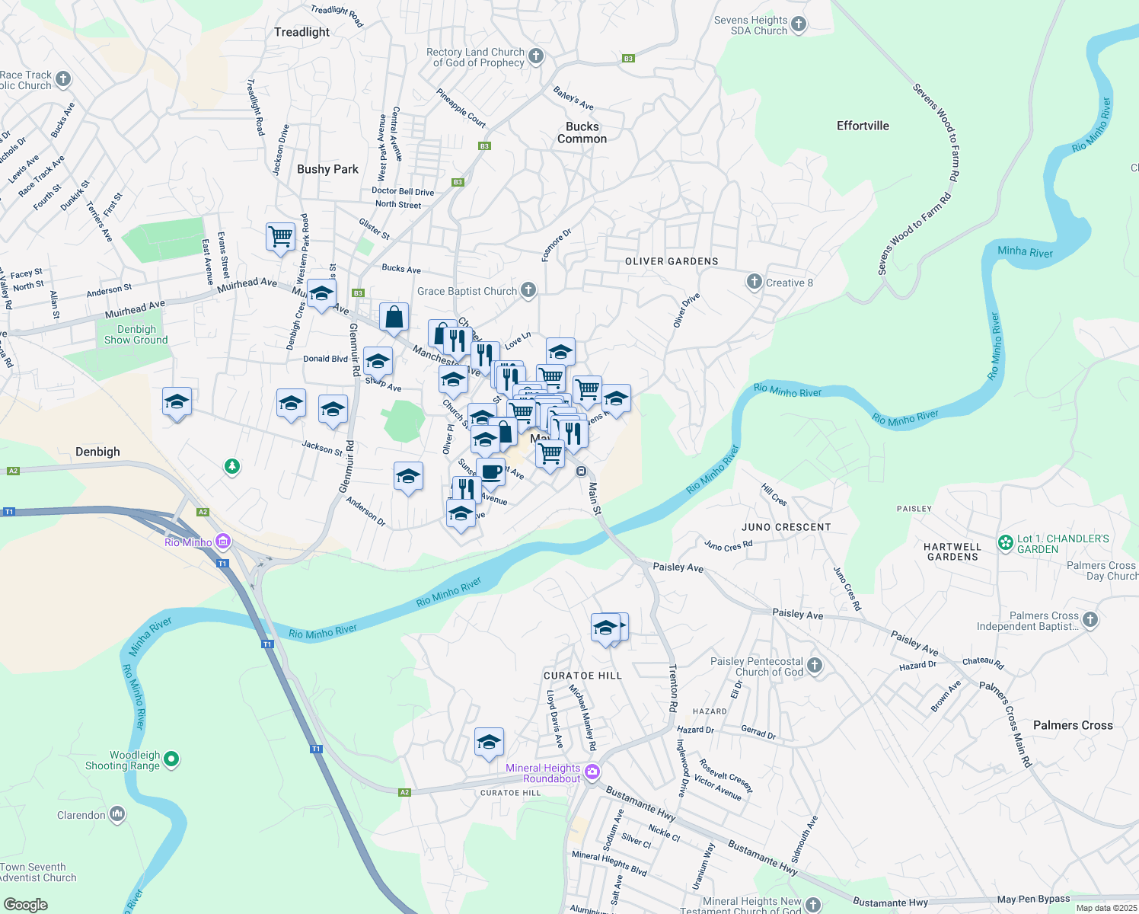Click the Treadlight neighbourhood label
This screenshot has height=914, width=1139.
[301, 32]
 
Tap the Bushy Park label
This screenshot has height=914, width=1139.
[327, 169]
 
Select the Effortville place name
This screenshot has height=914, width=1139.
[863, 126]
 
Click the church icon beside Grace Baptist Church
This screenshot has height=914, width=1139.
[528, 290]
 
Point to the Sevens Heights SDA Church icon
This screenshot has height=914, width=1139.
[799, 24]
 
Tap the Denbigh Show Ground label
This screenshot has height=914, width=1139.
[136, 334]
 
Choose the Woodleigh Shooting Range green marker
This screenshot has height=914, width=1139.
[171, 759]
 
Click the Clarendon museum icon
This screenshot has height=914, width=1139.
[117, 815]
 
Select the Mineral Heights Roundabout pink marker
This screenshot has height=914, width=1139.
[592, 772]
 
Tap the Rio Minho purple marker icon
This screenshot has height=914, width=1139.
[223, 542]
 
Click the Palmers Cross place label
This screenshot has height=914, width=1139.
[1073, 725]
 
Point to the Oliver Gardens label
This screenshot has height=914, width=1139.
[672, 261]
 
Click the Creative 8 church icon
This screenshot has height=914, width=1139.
[754, 283]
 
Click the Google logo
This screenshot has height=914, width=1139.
[26, 905]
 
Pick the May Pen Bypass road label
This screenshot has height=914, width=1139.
[1033, 899]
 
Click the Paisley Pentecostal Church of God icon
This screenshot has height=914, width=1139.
[815, 666]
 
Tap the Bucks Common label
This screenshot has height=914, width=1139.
[582, 133]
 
